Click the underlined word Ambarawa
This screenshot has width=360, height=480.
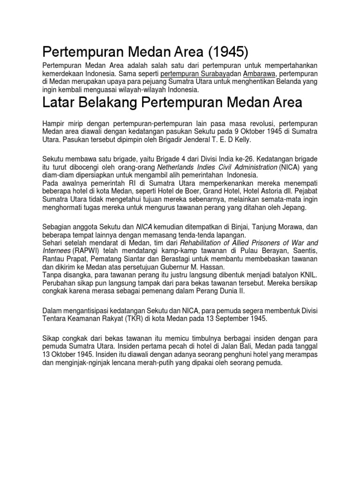[261, 74]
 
